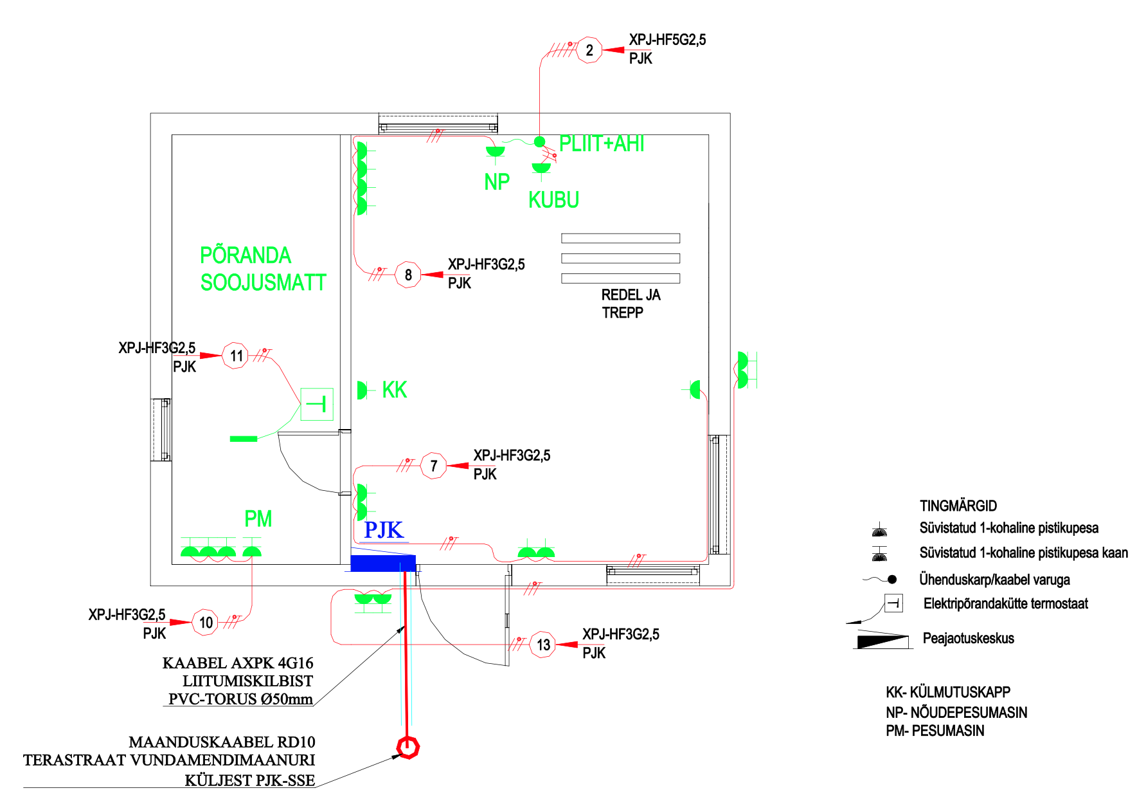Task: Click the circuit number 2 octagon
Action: click(589, 50)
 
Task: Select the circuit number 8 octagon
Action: click(408, 275)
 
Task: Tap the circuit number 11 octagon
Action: click(236, 356)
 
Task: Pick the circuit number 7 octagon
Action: click(434, 466)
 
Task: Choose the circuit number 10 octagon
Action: click(206, 622)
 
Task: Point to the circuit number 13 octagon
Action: click(543, 645)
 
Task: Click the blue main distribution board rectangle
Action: click(383, 563)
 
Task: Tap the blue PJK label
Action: click(384, 530)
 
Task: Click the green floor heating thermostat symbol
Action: click(317, 404)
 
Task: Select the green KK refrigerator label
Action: click(395, 390)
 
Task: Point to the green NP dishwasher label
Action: click(497, 183)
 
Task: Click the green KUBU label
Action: click(553, 201)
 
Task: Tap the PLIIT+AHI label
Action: click(602, 144)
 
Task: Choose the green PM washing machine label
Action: click(258, 518)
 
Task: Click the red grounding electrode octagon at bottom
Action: click(407, 747)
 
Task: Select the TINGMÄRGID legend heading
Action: click(958, 506)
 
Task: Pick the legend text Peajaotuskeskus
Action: click(968, 639)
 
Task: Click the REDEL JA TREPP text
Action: click(630, 304)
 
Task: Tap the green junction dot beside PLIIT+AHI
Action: click(539, 142)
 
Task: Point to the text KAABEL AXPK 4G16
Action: click(238, 663)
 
